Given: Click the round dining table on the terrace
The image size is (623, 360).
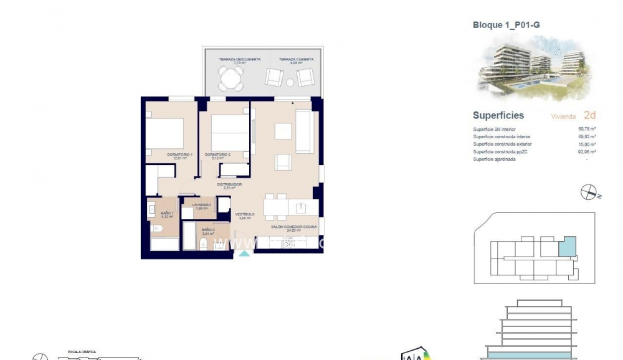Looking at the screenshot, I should coord(231,78).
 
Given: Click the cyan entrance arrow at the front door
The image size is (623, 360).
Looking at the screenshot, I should coord(245,253).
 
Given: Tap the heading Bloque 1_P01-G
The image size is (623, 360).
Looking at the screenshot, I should coord(506,25).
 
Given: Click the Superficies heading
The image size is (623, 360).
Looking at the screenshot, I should coord(498,115).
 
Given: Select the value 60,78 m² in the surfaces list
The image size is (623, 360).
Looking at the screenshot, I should coord(587,129).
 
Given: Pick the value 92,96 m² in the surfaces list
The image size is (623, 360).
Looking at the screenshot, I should coord(587,151).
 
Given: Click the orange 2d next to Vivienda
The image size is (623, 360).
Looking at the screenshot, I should coord(589,115).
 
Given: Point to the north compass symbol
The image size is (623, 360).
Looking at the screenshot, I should coord(589,193).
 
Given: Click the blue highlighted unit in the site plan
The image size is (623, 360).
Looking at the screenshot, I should coord(566,247).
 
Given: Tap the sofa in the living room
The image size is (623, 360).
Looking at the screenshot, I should coord(305,131).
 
